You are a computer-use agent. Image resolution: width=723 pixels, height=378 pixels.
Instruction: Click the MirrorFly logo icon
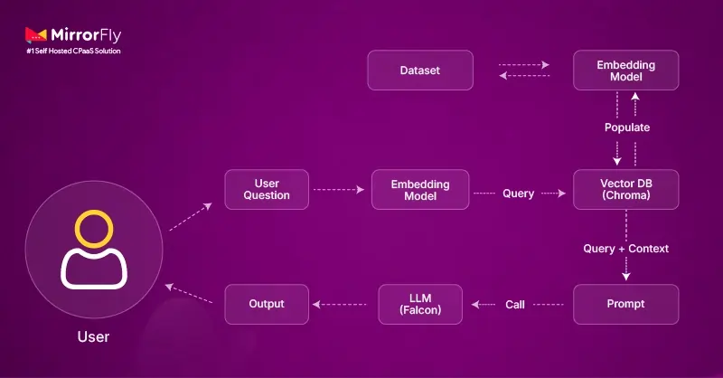[x=36, y=36]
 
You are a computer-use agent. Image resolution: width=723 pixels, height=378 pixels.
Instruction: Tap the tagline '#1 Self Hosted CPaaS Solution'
[x=72, y=52]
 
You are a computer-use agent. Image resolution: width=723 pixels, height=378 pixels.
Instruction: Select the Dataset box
[x=419, y=71]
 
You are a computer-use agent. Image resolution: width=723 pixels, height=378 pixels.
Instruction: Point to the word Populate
[x=626, y=128]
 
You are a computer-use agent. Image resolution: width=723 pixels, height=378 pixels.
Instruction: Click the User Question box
[x=266, y=189]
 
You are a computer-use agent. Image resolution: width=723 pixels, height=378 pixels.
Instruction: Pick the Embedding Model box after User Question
[x=420, y=189]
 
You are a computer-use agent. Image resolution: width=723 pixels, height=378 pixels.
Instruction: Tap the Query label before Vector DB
[x=518, y=193]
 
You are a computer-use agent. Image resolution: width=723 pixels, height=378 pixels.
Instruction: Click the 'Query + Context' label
[x=625, y=248]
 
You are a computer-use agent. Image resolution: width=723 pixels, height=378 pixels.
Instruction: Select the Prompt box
[x=626, y=304]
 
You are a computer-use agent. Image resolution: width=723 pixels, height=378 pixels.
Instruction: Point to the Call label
[x=515, y=305]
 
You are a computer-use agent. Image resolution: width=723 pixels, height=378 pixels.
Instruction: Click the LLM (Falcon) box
[x=420, y=304]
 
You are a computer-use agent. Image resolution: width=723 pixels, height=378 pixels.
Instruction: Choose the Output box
[x=266, y=304]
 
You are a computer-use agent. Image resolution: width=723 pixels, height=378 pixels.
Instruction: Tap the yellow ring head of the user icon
[x=92, y=230]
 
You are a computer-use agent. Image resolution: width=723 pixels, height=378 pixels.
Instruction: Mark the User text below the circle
[x=92, y=337]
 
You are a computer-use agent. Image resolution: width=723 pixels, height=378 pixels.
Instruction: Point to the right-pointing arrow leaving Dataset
[x=525, y=65]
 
